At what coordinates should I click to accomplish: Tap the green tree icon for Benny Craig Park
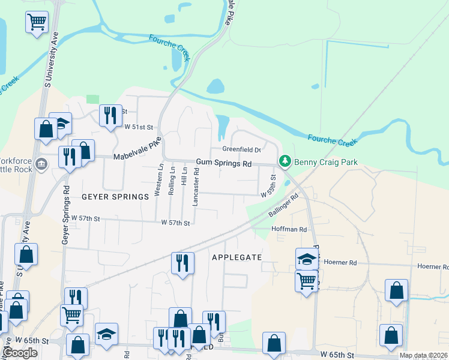coord(285,161)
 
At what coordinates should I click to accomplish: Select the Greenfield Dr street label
coord(241,149)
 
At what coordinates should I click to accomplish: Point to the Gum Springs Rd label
coord(224,163)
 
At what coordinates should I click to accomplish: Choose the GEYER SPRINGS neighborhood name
coord(115,197)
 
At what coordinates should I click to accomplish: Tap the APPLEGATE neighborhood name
coord(237,257)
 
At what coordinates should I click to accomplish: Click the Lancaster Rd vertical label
coord(196,187)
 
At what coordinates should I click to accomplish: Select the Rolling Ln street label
coord(172,180)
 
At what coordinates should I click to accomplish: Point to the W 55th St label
coord(272,187)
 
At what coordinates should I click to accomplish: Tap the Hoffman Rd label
coord(289,229)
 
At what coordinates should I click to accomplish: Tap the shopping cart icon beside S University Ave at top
coord(37,22)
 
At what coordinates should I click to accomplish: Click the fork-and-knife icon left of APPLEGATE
coord(182,262)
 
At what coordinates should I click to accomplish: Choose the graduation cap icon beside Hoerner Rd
coord(307,259)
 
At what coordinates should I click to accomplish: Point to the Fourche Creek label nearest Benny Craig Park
coord(332,141)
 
